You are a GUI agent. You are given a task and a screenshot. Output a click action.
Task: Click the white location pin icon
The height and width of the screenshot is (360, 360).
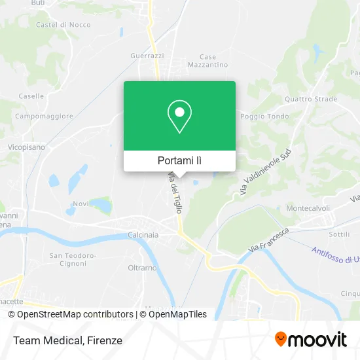pyautogui.click(x=179, y=117)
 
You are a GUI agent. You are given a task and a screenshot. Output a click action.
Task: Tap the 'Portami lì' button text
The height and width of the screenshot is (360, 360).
pyautogui.click(x=179, y=160)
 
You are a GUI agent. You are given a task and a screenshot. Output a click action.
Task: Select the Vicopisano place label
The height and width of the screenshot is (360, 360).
pyautogui.click(x=26, y=147)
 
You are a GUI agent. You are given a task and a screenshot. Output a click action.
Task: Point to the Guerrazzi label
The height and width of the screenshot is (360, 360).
pyautogui.click(x=147, y=56)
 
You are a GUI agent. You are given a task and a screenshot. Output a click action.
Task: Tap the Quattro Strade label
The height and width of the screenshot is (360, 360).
pyautogui.click(x=311, y=99)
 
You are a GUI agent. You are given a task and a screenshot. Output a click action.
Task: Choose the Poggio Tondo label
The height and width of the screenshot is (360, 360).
pyautogui.click(x=264, y=117)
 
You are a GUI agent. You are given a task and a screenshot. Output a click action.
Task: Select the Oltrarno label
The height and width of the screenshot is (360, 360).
pyautogui.click(x=142, y=268)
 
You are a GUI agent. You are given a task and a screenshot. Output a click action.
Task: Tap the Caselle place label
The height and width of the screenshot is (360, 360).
pyautogui.click(x=31, y=96)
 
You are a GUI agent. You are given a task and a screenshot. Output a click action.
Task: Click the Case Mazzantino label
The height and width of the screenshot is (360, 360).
pyautogui.click(x=207, y=61)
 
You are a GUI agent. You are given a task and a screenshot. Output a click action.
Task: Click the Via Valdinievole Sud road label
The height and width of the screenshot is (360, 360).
pyautogui.click(x=265, y=171)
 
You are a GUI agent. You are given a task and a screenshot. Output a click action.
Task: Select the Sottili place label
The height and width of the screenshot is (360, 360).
pyautogui.click(x=339, y=234)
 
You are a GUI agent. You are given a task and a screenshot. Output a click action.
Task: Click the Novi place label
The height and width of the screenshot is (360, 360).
pyautogui.click(x=81, y=204)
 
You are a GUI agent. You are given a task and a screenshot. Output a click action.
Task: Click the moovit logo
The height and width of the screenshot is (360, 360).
pyautogui.click(x=311, y=340)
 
